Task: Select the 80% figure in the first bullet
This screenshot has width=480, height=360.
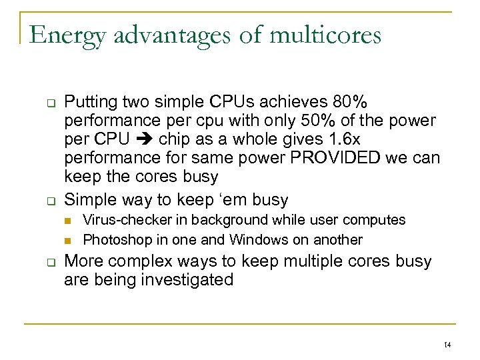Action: [x=348, y=103]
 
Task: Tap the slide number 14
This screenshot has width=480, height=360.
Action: [x=447, y=345]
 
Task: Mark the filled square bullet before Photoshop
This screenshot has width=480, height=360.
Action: [x=68, y=240]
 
